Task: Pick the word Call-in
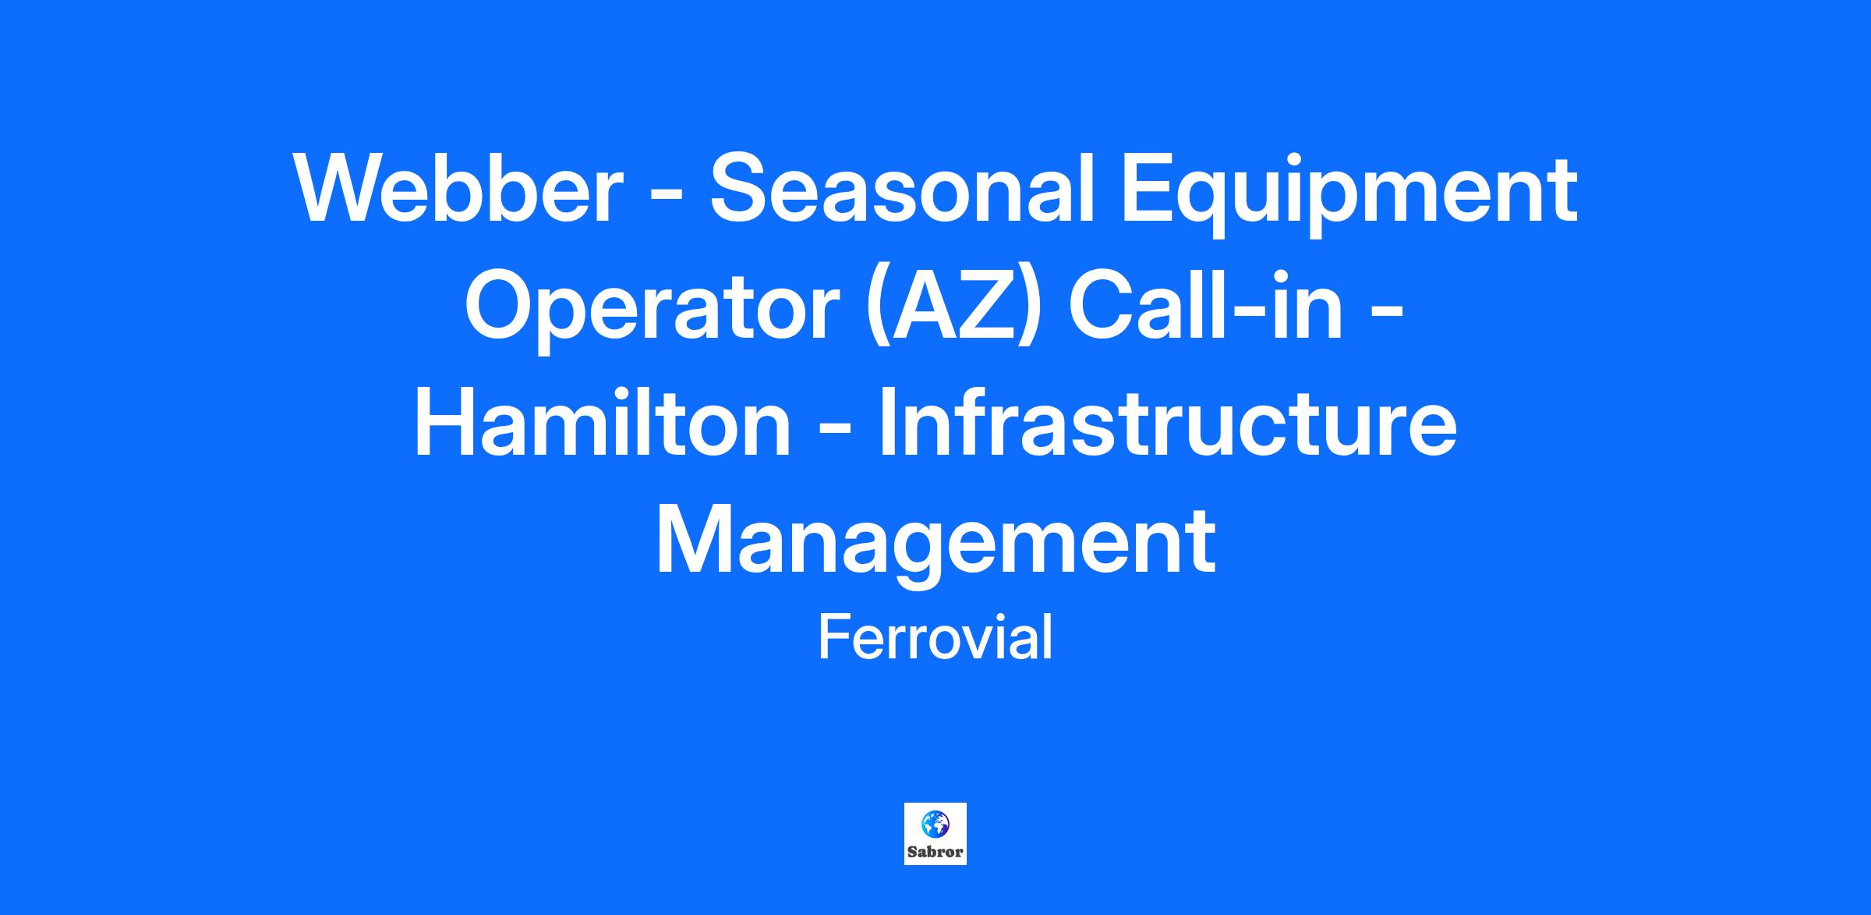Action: (x=1206, y=307)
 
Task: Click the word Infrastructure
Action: (x=1168, y=424)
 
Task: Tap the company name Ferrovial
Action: (x=935, y=637)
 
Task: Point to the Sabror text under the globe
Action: (x=935, y=852)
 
